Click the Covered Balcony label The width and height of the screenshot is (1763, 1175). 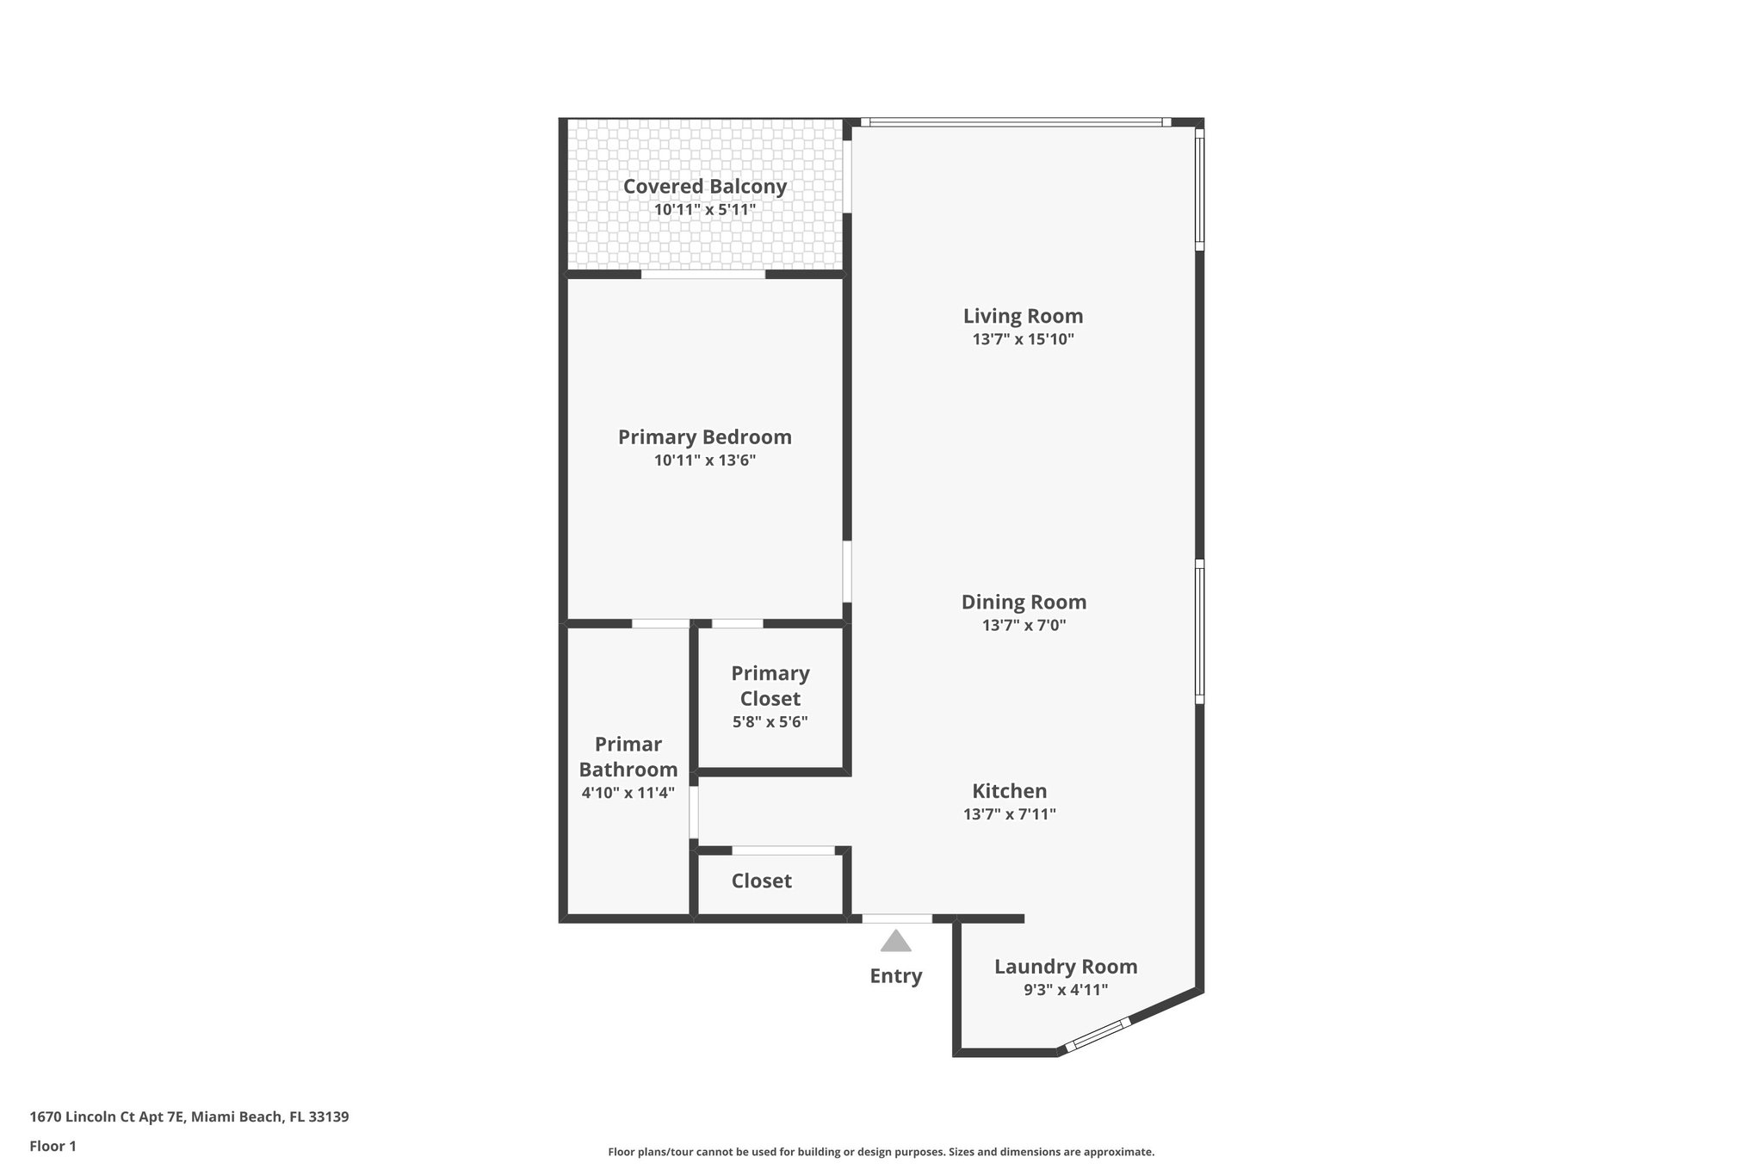click(x=704, y=186)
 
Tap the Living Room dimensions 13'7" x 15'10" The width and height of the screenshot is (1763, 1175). click(x=1023, y=339)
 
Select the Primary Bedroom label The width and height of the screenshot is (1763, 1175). click(x=704, y=436)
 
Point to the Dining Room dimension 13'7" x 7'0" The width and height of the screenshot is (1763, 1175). click(x=1024, y=626)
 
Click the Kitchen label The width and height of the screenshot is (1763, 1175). click(x=1009, y=790)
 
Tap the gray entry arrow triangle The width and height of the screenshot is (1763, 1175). click(x=895, y=942)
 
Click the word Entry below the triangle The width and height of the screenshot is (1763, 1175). click(x=895, y=975)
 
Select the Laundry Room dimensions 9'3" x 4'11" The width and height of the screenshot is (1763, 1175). click(x=1065, y=990)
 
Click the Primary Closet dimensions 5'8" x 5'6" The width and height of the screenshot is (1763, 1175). click(x=770, y=722)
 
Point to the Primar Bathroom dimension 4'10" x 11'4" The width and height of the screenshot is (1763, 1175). click(x=628, y=793)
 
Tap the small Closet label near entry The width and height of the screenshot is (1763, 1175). click(x=761, y=881)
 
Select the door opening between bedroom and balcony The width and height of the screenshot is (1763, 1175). click(x=702, y=275)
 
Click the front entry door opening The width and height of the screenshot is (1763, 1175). click(x=896, y=918)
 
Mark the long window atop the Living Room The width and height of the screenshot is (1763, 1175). click(x=1016, y=122)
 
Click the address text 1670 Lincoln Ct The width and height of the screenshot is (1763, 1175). click(x=189, y=1116)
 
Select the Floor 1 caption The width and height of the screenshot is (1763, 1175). click(x=53, y=1146)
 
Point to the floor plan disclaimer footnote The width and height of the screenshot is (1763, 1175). click(x=881, y=1152)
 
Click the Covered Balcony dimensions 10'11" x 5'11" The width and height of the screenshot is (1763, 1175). click(x=704, y=209)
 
